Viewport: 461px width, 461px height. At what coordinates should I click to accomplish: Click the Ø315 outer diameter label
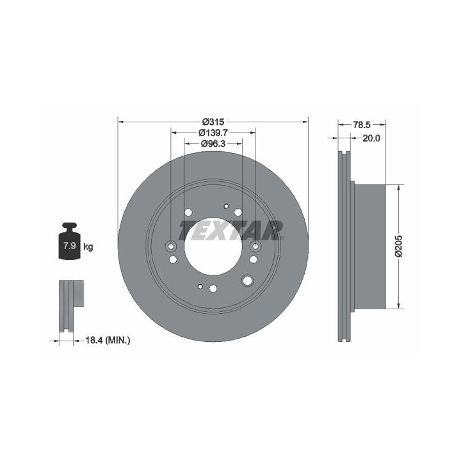(x=213, y=122)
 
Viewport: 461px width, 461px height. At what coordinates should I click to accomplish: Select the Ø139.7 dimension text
(x=213, y=133)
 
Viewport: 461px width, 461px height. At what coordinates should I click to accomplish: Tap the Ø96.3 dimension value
(x=213, y=144)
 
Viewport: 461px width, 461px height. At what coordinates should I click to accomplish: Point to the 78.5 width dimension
(x=361, y=125)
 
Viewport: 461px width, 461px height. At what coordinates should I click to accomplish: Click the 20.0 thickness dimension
(x=371, y=138)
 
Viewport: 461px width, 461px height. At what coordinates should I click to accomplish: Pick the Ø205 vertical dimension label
(x=399, y=247)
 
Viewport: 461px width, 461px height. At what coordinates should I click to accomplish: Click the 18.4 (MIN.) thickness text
(x=108, y=341)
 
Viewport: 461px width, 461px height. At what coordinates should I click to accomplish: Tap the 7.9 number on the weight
(x=70, y=245)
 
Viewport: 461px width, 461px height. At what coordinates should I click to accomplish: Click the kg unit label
(x=88, y=247)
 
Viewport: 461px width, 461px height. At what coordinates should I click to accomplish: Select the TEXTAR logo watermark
(x=231, y=230)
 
